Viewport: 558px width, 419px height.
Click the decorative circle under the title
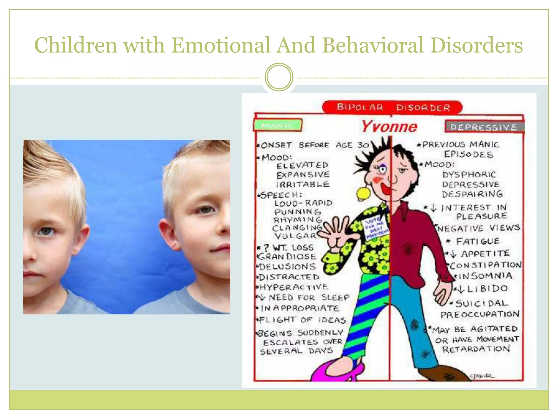pyautogui.click(x=279, y=77)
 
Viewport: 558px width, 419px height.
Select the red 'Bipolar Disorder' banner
pyautogui.click(x=392, y=107)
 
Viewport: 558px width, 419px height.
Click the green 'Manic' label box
pyautogui.click(x=278, y=125)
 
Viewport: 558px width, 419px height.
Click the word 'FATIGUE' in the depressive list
pyautogui.click(x=477, y=241)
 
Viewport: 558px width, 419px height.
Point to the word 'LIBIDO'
pyautogui.click(x=487, y=289)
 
